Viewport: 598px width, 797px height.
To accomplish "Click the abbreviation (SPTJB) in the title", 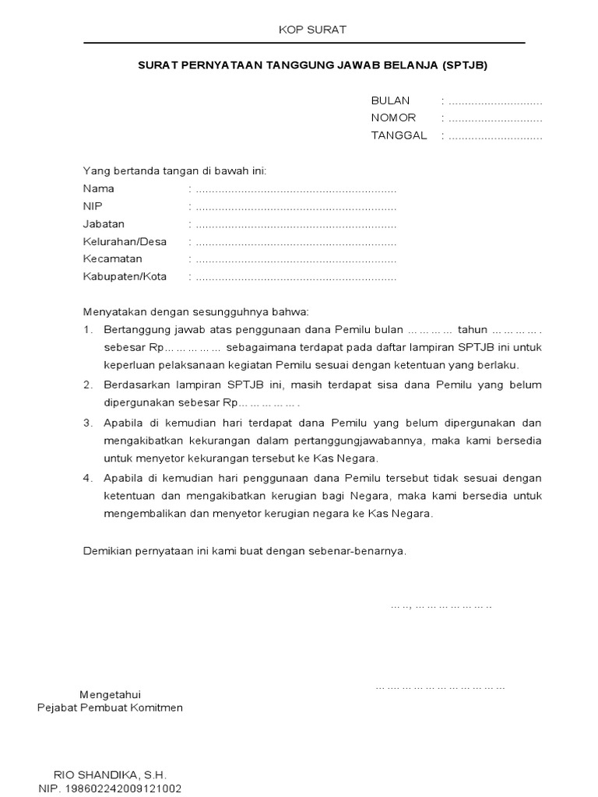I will pyautogui.click(x=464, y=66).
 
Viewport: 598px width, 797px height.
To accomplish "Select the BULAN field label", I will pyautogui.click(x=390, y=101).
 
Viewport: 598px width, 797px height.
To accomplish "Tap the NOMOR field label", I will pyautogui.click(x=393, y=118).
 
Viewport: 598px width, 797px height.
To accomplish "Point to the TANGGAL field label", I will pyautogui.click(x=399, y=135).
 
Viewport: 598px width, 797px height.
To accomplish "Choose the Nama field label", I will pyautogui.click(x=99, y=188).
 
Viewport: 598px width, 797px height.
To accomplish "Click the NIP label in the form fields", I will pyautogui.click(x=93, y=206).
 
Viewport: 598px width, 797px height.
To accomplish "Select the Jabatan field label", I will pyautogui.click(x=104, y=224).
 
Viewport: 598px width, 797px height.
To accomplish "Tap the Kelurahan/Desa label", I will pyautogui.click(x=125, y=241).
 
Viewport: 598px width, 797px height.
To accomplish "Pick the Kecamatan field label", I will pyautogui.click(x=112, y=259).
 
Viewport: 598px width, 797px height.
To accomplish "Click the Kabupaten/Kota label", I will pyautogui.click(x=125, y=277).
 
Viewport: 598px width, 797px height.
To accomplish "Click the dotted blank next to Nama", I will pyautogui.click(x=296, y=189).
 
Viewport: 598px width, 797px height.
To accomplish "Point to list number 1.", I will pyautogui.click(x=87, y=330).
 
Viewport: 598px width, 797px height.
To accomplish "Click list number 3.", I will pyautogui.click(x=87, y=423).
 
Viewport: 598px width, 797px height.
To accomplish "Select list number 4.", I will pyautogui.click(x=87, y=478).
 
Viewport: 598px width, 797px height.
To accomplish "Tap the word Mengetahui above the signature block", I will pyautogui.click(x=111, y=694).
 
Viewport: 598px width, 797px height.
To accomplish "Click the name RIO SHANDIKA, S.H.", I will pyautogui.click(x=110, y=775).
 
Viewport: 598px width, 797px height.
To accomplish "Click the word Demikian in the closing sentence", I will pyautogui.click(x=107, y=551).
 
